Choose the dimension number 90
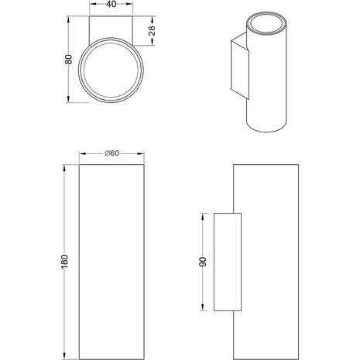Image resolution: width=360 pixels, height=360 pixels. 203,261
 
